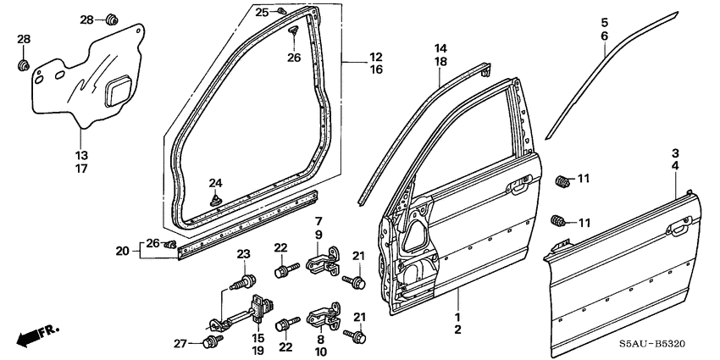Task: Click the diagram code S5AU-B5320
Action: pyautogui.click(x=671, y=346)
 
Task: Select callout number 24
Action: pyautogui.click(x=215, y=183)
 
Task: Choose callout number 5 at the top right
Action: pyautogui.click(x=605, y=22)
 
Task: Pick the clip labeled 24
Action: pyautogui.click(x=214, y=200)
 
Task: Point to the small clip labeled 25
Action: pyautogui.click(x=284, y=12)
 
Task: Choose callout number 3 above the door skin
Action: pyautogui.click(x=675, y=153)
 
